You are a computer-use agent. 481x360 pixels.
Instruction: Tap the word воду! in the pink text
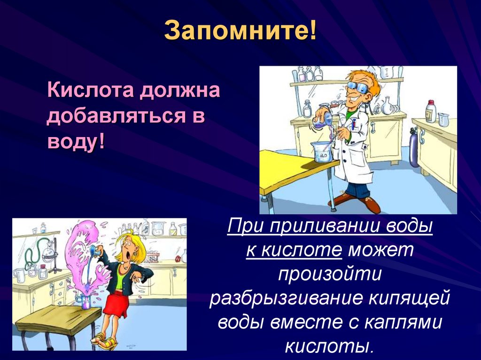coord(76,141)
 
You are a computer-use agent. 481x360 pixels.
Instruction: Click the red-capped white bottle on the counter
coord(430,112)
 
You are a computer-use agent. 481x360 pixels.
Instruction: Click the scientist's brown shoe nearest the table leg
coord(341,199)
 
